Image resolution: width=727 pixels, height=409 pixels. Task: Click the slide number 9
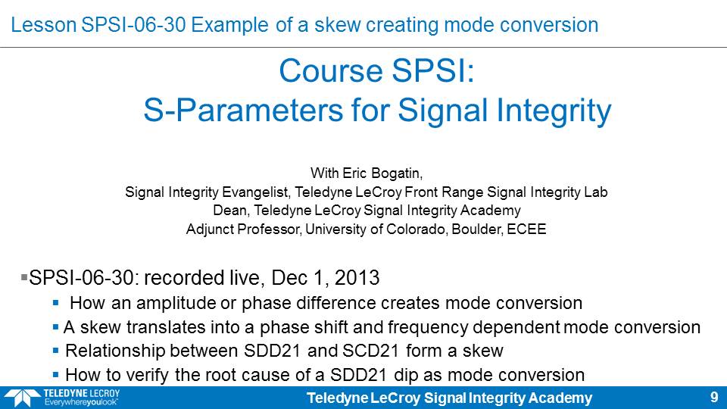[x=714, y=398]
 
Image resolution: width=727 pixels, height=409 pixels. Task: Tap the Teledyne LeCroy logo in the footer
[x=62, y=398]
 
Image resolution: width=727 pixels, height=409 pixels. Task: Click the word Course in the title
[x=331, y=71]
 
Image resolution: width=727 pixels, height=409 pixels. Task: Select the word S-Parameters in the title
[x=243, y=111]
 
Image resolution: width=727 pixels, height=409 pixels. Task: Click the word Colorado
[x=416, y=229]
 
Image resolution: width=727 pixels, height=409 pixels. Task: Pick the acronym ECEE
[x=526, y=229]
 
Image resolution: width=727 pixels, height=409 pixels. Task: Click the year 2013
[x=357, y=278]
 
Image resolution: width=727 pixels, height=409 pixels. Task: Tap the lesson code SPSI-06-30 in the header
[x=133, y=25]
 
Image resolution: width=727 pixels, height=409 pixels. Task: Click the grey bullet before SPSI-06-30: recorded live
[x=24, y=277]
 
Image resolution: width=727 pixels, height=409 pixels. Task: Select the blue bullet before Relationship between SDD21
[x=55, y=351]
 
